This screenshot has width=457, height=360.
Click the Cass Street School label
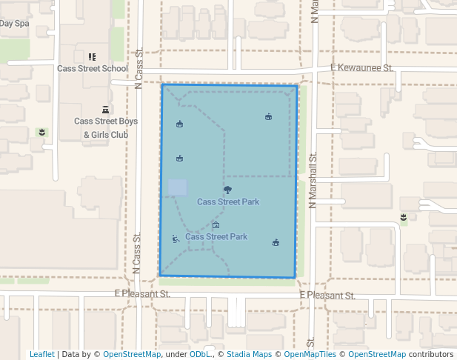93,68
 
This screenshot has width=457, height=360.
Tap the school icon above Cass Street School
93,56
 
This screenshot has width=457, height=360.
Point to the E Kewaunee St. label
361,68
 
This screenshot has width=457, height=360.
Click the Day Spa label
14,23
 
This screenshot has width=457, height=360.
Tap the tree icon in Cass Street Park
227,190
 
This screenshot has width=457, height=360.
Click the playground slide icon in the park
176,239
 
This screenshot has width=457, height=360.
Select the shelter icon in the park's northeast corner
269,116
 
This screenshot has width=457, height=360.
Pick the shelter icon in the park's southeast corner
276,242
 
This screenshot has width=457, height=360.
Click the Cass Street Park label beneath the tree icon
227,201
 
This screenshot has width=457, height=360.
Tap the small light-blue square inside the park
177,187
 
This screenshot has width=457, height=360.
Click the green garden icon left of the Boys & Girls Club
42,132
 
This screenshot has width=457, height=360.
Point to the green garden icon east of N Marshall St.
403,218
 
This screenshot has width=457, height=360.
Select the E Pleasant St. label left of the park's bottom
142,294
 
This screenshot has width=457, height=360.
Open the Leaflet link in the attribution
41,354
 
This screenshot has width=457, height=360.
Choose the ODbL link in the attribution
200,354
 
